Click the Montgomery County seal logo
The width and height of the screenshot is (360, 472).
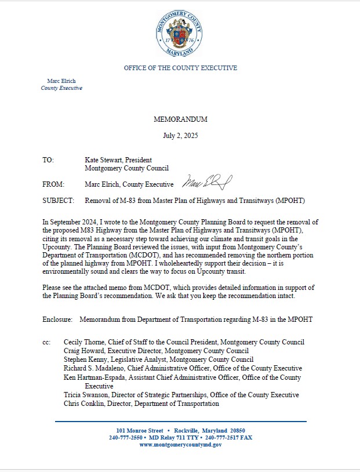(179, 34)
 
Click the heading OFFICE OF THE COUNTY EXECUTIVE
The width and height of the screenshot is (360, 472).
(180, 68)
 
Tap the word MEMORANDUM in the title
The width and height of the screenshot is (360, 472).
(180, 119)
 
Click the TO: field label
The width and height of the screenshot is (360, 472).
(48, 159)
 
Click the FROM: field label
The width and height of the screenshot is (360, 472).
(53, 184)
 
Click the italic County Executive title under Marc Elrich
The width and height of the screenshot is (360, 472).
(61, 88)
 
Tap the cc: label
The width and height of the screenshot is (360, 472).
(46, 343)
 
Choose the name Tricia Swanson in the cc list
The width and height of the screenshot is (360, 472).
(86, 395)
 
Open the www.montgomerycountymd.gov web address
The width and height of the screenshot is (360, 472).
(180, 444)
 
